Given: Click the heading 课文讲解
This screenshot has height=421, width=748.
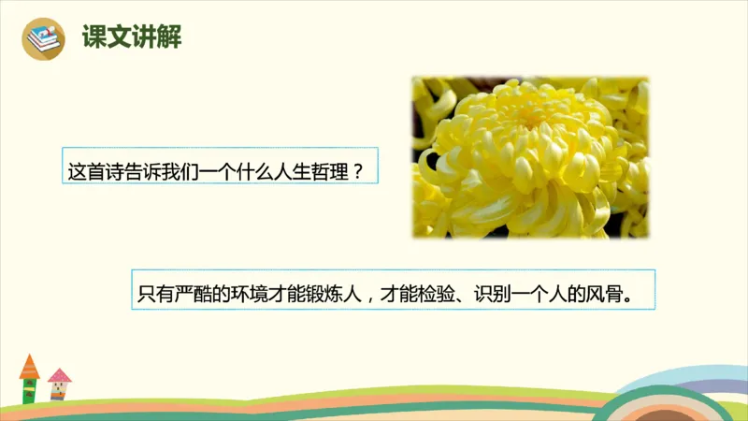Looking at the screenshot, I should [x=131, y=38].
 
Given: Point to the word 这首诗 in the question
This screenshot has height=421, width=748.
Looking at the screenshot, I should [x=95, y=172].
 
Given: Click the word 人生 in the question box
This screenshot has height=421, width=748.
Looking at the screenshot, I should [x=290, y=172].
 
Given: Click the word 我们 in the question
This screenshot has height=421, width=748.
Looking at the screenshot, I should [x=180, y=172].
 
